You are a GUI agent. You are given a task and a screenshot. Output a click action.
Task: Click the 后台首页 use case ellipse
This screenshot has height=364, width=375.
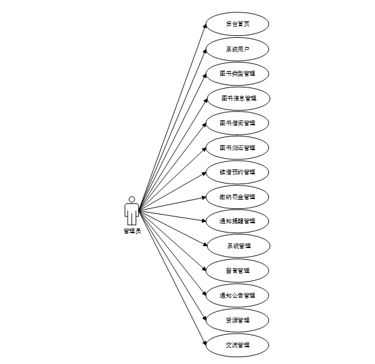coord(237,24)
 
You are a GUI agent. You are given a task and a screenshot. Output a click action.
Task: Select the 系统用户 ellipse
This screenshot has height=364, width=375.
coord(237,49)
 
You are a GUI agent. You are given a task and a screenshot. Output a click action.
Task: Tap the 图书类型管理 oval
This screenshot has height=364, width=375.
coord(237,74)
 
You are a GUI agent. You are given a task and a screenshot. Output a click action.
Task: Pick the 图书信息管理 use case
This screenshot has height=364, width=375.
coord(237,98)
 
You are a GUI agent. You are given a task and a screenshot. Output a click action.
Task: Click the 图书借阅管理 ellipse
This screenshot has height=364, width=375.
coord(237,123)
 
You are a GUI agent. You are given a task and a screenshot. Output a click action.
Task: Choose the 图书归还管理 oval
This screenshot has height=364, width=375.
coord(237,148)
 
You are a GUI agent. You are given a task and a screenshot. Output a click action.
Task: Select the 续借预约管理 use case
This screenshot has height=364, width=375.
coord(237,172)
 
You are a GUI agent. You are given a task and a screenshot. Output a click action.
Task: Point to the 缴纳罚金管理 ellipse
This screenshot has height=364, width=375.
coord(237,197)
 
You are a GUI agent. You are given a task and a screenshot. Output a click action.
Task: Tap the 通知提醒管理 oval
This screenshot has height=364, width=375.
coord(237,221)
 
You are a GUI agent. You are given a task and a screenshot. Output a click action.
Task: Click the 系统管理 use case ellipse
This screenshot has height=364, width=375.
coord(237,246)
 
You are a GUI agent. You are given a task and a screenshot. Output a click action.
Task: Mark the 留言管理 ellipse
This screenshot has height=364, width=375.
coord(237,270)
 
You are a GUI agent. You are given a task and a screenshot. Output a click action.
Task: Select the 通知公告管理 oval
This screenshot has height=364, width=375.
coord(237,295)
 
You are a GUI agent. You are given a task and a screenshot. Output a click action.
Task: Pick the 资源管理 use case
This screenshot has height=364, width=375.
coord(237,320)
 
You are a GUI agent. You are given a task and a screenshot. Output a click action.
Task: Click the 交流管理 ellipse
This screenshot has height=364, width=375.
coord(237,345)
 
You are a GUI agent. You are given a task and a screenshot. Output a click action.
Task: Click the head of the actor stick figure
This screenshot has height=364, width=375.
coord(131,199)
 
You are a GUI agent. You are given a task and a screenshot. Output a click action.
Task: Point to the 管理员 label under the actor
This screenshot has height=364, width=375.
coord(132,231)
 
